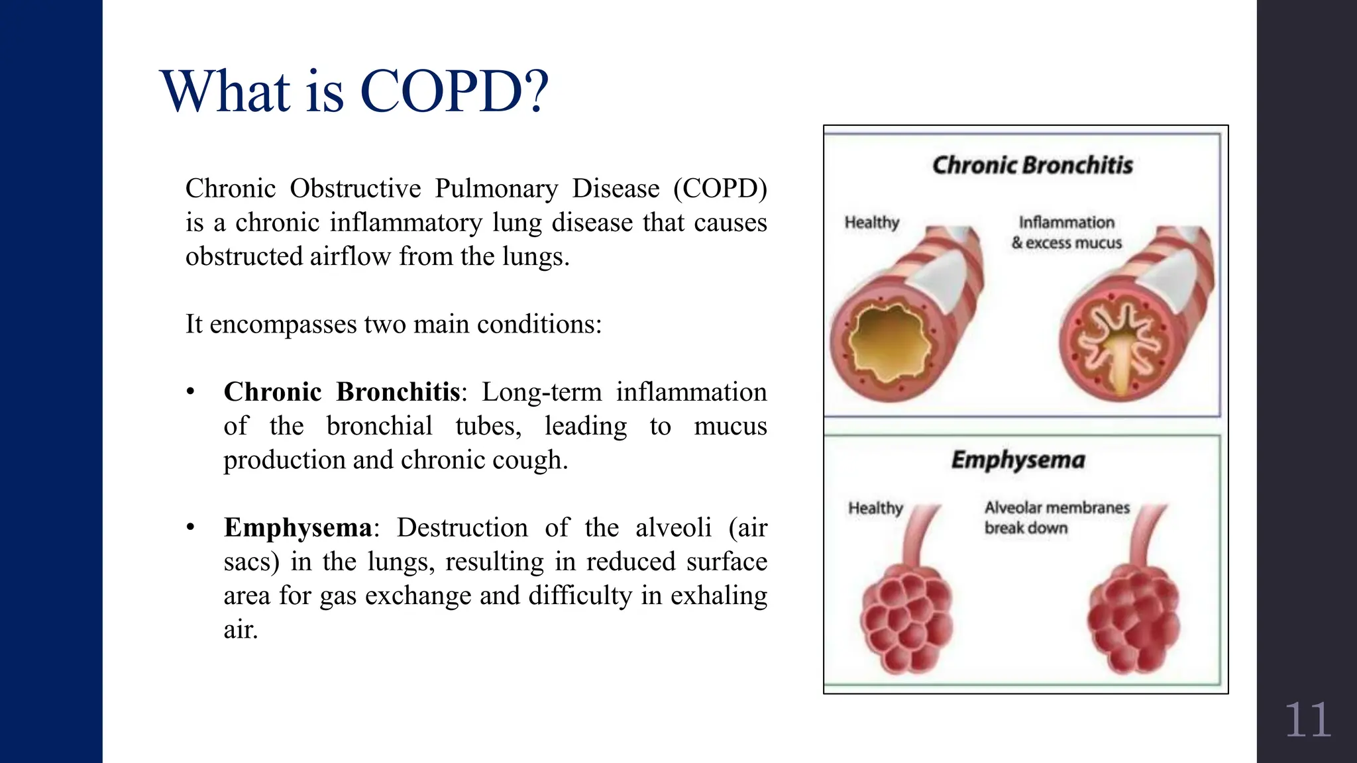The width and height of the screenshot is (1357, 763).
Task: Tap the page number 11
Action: point(1307,721)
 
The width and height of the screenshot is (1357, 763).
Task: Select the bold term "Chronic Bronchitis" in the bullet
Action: point(342,392)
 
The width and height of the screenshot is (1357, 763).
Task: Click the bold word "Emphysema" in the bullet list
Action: point(298,528)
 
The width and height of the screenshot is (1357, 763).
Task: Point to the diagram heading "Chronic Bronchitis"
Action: point(1032,165)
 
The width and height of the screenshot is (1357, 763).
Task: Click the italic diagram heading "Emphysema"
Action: point(1018,460)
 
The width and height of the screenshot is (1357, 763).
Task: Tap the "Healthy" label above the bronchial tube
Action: point(872,223)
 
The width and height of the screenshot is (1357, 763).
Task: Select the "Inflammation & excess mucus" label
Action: point(1066,232)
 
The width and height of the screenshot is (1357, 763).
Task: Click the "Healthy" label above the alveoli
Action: point(876,508)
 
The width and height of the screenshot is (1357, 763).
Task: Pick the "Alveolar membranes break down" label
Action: point(1056,517)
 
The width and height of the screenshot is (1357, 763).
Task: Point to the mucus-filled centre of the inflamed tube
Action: point(1119,358)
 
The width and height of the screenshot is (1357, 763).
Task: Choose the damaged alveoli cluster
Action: point(1134,619)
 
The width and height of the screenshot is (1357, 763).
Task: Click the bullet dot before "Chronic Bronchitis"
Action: point(191,392)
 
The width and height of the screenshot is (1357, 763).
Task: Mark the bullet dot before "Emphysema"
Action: point(191,528)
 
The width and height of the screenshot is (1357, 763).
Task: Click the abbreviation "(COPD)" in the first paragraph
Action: point(720,189)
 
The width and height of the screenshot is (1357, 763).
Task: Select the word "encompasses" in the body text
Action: point(283,325)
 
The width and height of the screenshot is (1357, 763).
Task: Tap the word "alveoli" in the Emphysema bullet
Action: point(673,528)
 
